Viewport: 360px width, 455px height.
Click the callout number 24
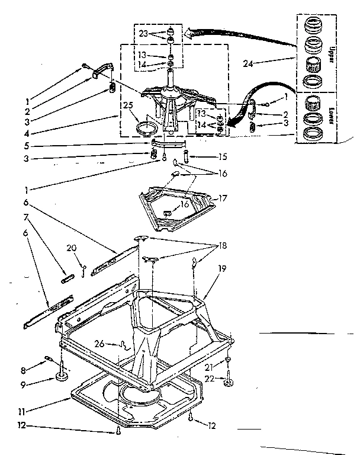[x=250, y=61]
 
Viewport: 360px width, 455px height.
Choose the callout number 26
[x=99, y=343]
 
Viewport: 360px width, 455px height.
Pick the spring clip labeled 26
[x=124, y=344]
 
